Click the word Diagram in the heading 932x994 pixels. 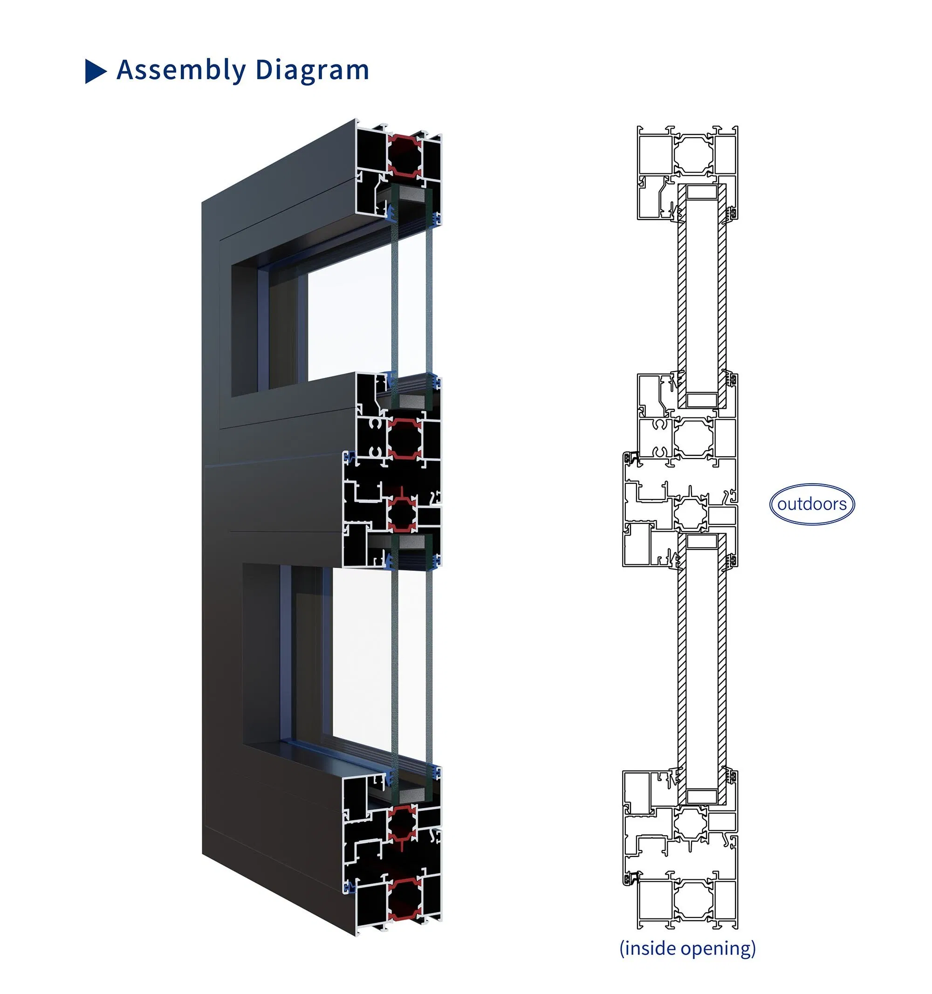click(x=312, y=69)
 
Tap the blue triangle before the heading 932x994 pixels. click(x=95, y=71)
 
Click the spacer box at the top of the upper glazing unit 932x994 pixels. click(x=701, y=192)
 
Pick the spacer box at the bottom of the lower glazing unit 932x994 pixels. click(x=701, y=796)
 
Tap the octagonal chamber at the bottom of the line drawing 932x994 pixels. click(x=692, y=900)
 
